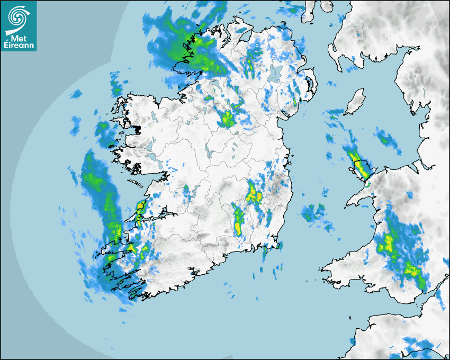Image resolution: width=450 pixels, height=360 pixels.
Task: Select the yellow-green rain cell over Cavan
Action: coord(228,119)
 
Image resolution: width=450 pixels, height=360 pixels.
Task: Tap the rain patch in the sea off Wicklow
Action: coord(314,212)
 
